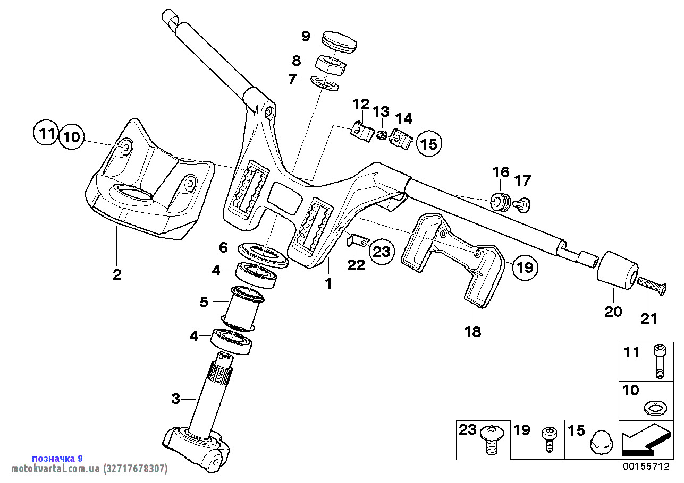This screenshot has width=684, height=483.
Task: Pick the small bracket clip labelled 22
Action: (x=357, y=241)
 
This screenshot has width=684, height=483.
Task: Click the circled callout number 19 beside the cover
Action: (x=525, y=267)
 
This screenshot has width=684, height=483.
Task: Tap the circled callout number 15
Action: (x=429, y=143)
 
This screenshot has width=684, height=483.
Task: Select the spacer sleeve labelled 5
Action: (x=243, y=306)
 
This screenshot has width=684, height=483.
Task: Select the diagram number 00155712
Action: (x=646, y=467)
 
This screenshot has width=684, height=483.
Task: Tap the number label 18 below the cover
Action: (x=472, y=332)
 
